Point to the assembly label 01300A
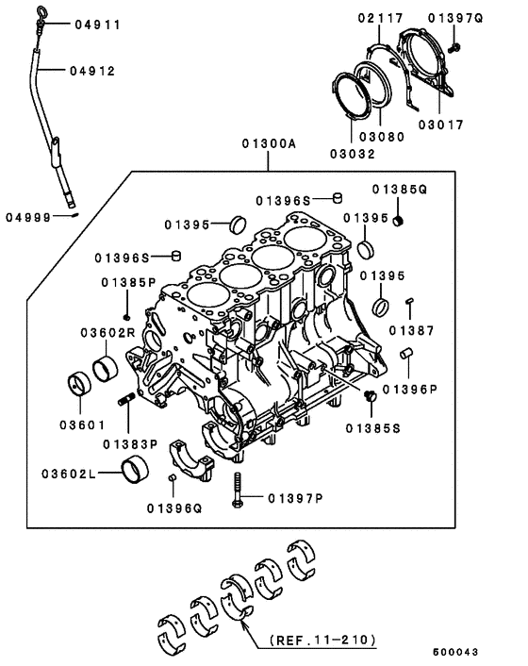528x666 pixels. pyautogui.click(x=268, y=143)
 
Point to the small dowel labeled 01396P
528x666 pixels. pyautogui.click(x=406, y=354)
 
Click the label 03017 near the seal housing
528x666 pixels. pyautogui.click(x=442, y=124)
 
